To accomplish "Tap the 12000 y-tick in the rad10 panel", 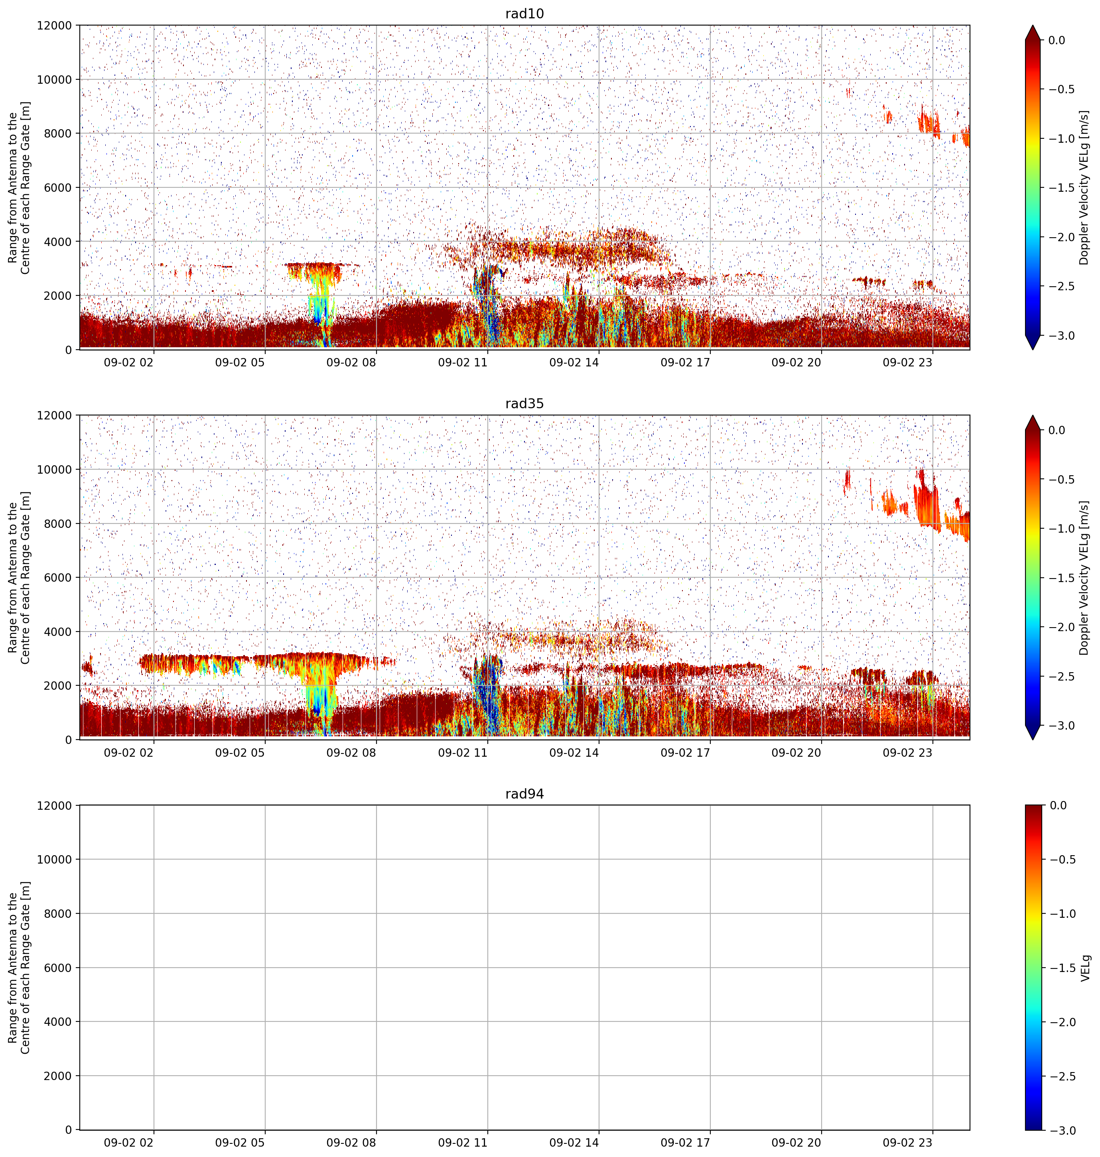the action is tap(55, 26).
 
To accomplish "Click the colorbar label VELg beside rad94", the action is tap(1085, 968).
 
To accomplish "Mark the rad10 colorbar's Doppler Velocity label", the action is tap(1084, 187).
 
